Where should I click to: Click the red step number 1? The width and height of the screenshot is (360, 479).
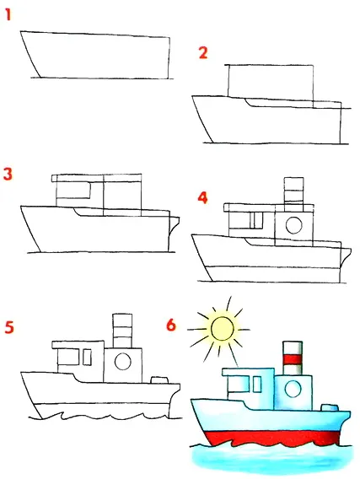point(8,15)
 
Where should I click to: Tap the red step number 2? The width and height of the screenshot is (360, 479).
point(203,53)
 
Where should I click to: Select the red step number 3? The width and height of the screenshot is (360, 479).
point(8,174)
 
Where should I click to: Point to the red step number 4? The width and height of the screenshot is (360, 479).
point(202,197)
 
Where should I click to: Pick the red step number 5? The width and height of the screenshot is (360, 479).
point(9,327)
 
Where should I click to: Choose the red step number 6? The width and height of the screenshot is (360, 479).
point(171,325)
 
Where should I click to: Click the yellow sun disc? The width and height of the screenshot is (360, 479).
point(223,329)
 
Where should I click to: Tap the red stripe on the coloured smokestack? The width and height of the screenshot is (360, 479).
point(293,359)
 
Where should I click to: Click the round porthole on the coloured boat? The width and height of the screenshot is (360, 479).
point(293,389)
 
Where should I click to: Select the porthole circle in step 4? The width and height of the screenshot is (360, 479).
point(294,225)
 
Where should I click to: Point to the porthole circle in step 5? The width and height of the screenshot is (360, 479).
point(123,362)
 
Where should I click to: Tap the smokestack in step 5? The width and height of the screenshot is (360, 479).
point(122,331)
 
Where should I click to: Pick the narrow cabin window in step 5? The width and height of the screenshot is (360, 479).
point(87,357)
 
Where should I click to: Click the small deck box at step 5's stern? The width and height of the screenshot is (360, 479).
point(159,380)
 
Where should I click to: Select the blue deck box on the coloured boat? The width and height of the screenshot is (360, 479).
point(330,407)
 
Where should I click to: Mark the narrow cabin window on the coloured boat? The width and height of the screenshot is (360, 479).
point(257,385)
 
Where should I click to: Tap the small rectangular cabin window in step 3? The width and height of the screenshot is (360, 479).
point(73,191)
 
